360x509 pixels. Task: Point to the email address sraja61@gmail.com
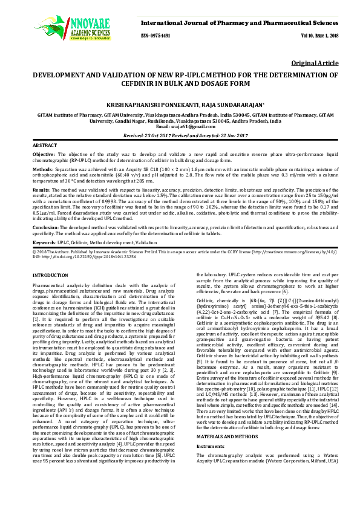coord(180,126)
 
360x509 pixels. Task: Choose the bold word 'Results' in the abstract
coord(42,190)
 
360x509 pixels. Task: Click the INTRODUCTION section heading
coord(50,274)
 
